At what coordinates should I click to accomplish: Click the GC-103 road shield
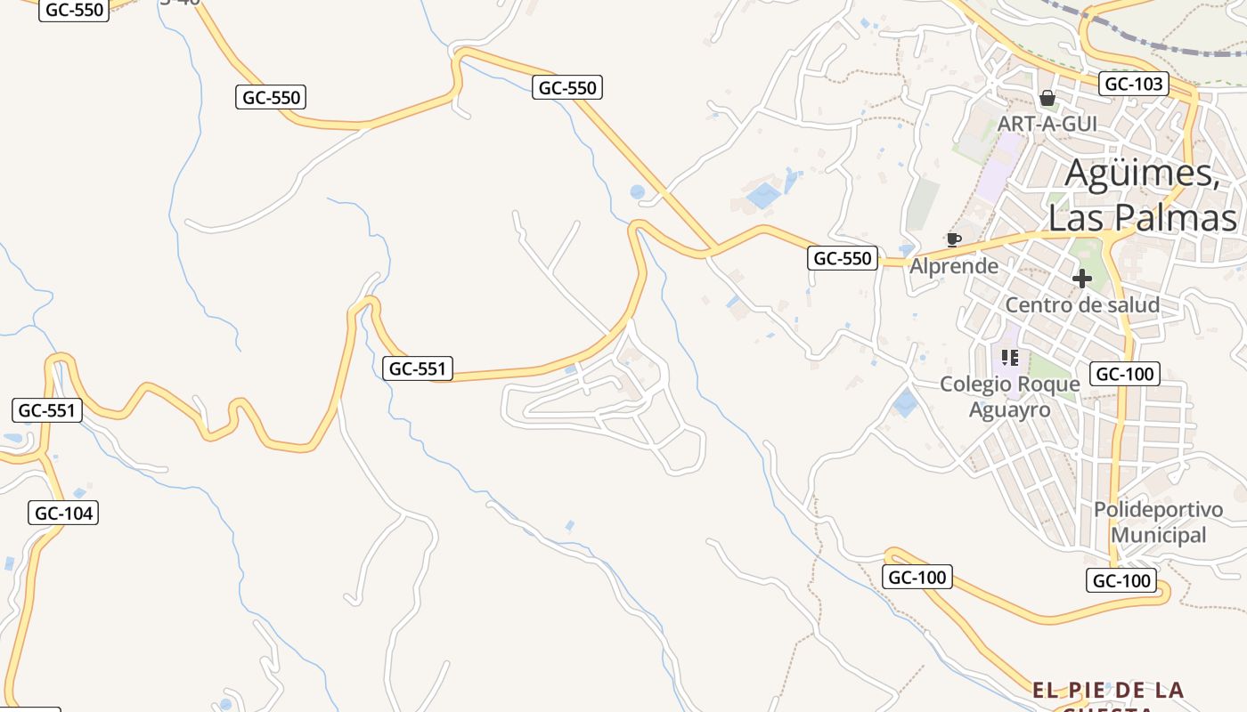pyautogui.click(x=1133, y=84)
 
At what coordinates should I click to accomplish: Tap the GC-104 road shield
pyautogui.click(x=64, y=513)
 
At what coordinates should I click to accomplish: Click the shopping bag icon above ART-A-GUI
pyautogui.click(x=1047, y=98)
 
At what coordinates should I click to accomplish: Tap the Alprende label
pyautogui.click(x=954, y=265)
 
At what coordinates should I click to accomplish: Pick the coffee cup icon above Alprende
pyautogui.click(x=953, y=239)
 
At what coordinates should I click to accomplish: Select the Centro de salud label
pyautogui.click(x=1082, y=305)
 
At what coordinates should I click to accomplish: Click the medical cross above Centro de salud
pyautogui.click(x=1082, y=279)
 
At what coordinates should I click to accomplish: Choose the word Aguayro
pyautogui.click(x=1009, y=409)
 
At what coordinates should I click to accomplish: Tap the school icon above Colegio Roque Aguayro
pyautogui.click(x=1009, y=358)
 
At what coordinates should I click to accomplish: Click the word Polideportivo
pyautogui.click(x=1158, y=510)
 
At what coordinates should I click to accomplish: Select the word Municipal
pyautogui.click(x=1158, y=535)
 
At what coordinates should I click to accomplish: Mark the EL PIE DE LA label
pyautogui.click(x=1108, y=690)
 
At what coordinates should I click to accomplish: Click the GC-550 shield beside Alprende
pyautogui.click(x=843, y=258)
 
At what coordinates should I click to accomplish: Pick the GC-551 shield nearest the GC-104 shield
pyautogui.click(x=47, y=410)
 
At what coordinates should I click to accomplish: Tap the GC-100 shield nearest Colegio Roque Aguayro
pyautogui.click(x=1125, y=374)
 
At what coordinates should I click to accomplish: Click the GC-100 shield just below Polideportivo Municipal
pyautogui.click(x=1121, y=581)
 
